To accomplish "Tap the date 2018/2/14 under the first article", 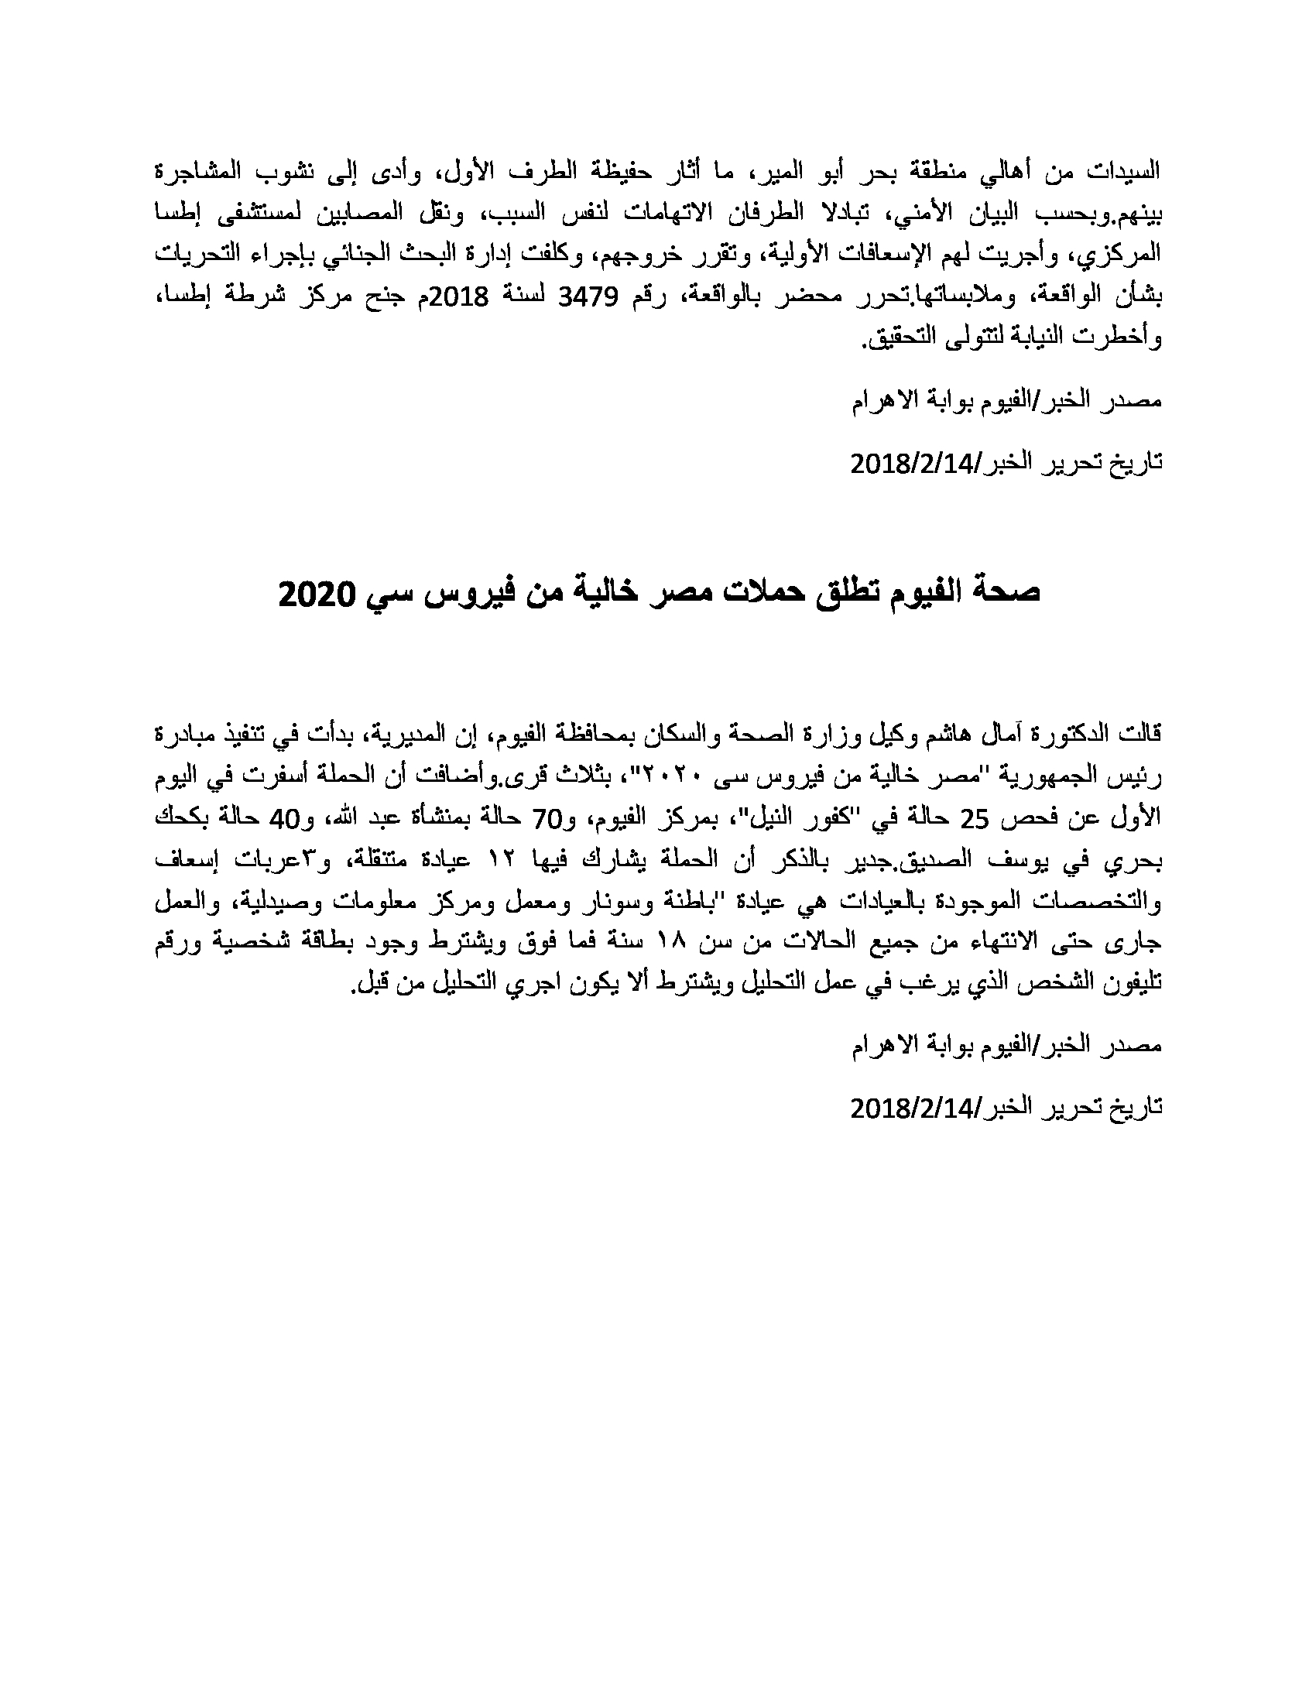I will (x=912, y=464).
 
